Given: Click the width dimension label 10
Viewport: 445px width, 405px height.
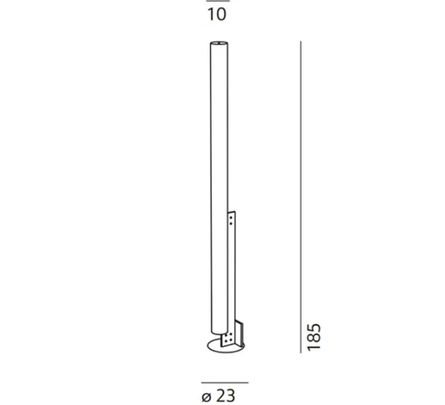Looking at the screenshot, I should tap(217, 15).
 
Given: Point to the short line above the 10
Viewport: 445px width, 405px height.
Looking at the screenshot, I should tap(217, 1).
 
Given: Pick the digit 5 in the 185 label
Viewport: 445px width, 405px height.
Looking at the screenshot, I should tap(313, 329).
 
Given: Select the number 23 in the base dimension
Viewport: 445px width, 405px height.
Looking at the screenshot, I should tap(226, 396).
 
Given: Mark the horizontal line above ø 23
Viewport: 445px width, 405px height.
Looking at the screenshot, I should tap(225, 383).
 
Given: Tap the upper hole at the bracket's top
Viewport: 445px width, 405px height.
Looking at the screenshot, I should tap(231, 217).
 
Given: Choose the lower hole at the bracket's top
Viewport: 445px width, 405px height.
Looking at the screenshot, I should tap(231, 222).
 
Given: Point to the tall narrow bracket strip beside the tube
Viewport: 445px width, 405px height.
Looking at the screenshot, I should tap(232, 264).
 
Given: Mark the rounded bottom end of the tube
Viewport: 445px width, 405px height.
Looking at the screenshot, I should tap(218, 334).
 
